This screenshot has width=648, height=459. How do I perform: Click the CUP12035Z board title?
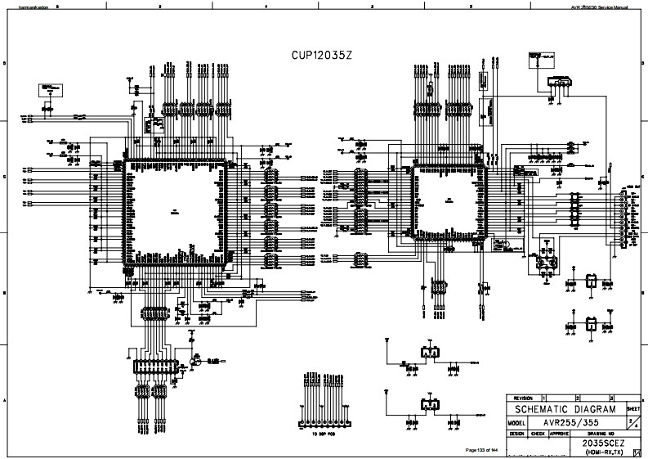click(x=323, y=56)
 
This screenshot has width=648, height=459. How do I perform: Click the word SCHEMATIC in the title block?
click(x=541, y=409)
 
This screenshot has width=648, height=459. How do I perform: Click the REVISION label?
click(x=524, y=397)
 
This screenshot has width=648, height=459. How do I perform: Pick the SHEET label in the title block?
click(x=633, y=407)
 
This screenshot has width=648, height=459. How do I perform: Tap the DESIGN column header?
click(x=516, y=434)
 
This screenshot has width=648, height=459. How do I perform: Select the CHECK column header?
click(x=537, y=434)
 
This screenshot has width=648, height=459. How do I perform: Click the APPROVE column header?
click(x=558, y=434)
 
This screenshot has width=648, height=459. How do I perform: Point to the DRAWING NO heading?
click(x=601, y=434)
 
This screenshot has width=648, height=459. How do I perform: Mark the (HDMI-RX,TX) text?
click(x=601, y=452)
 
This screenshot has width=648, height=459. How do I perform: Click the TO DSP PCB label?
click(x=324, y=434)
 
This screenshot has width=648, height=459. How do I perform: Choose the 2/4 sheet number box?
click(x=633, y=421)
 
